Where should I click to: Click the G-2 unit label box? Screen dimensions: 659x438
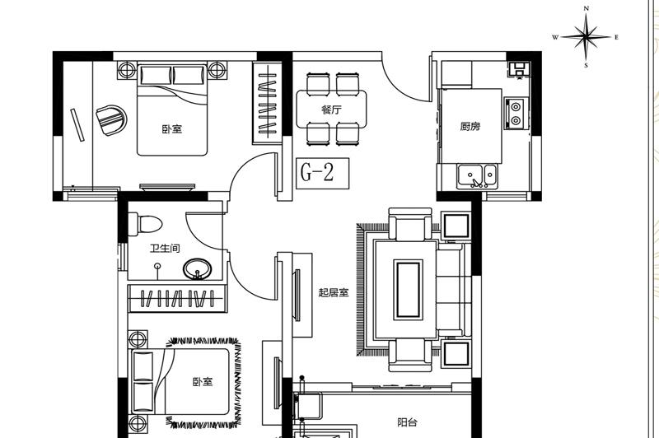coord(322,173)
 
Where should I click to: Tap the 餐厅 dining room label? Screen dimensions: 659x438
coord(332,109)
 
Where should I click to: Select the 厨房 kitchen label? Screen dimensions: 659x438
coord(470,126)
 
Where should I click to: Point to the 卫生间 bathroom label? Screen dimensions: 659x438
coord(165,248)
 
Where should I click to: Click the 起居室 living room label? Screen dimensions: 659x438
coord(334,292)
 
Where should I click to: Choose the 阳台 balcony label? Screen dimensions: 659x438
coord(407,422)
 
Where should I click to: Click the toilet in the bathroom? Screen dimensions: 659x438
coord(145,224)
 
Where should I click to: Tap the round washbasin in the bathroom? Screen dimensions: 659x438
coord(197,268)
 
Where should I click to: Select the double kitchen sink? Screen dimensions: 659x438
coord(477,176)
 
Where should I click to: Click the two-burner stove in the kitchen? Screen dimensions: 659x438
coord(516,114)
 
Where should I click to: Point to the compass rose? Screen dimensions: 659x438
coord(586,37)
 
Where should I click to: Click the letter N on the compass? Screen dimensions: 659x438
coord(587,8)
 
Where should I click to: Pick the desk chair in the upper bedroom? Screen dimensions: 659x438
coord(111,120)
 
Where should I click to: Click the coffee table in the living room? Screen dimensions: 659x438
coord(407,289)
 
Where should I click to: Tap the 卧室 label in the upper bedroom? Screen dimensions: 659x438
coord(172,128)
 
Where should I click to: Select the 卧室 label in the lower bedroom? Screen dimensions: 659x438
coord(203,382)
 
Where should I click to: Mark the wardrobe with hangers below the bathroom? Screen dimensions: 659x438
coord(177,299)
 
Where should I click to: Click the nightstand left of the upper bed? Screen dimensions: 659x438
coord(127,70)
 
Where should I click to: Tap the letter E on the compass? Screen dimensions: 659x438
coord(616,37)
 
